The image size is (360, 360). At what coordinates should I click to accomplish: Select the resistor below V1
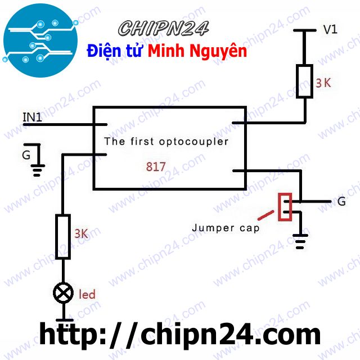(304, 82)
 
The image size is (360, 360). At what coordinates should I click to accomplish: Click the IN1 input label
(32, 117)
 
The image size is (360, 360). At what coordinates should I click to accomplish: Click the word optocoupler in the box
(196, 141)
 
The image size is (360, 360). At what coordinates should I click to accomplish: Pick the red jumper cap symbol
(286, 206)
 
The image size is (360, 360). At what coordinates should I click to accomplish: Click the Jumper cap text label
(226, 228)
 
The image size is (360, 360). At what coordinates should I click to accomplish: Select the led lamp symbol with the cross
(62, 292)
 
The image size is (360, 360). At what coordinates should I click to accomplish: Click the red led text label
(87, 294)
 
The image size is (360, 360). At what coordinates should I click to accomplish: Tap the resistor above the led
(62, 236)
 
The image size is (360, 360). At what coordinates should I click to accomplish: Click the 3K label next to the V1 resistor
(323, 83)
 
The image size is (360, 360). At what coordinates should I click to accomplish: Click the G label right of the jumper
(341, 201)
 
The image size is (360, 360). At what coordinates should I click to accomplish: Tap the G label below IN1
(26, 154)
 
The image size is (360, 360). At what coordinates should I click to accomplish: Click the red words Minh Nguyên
(197, 51)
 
